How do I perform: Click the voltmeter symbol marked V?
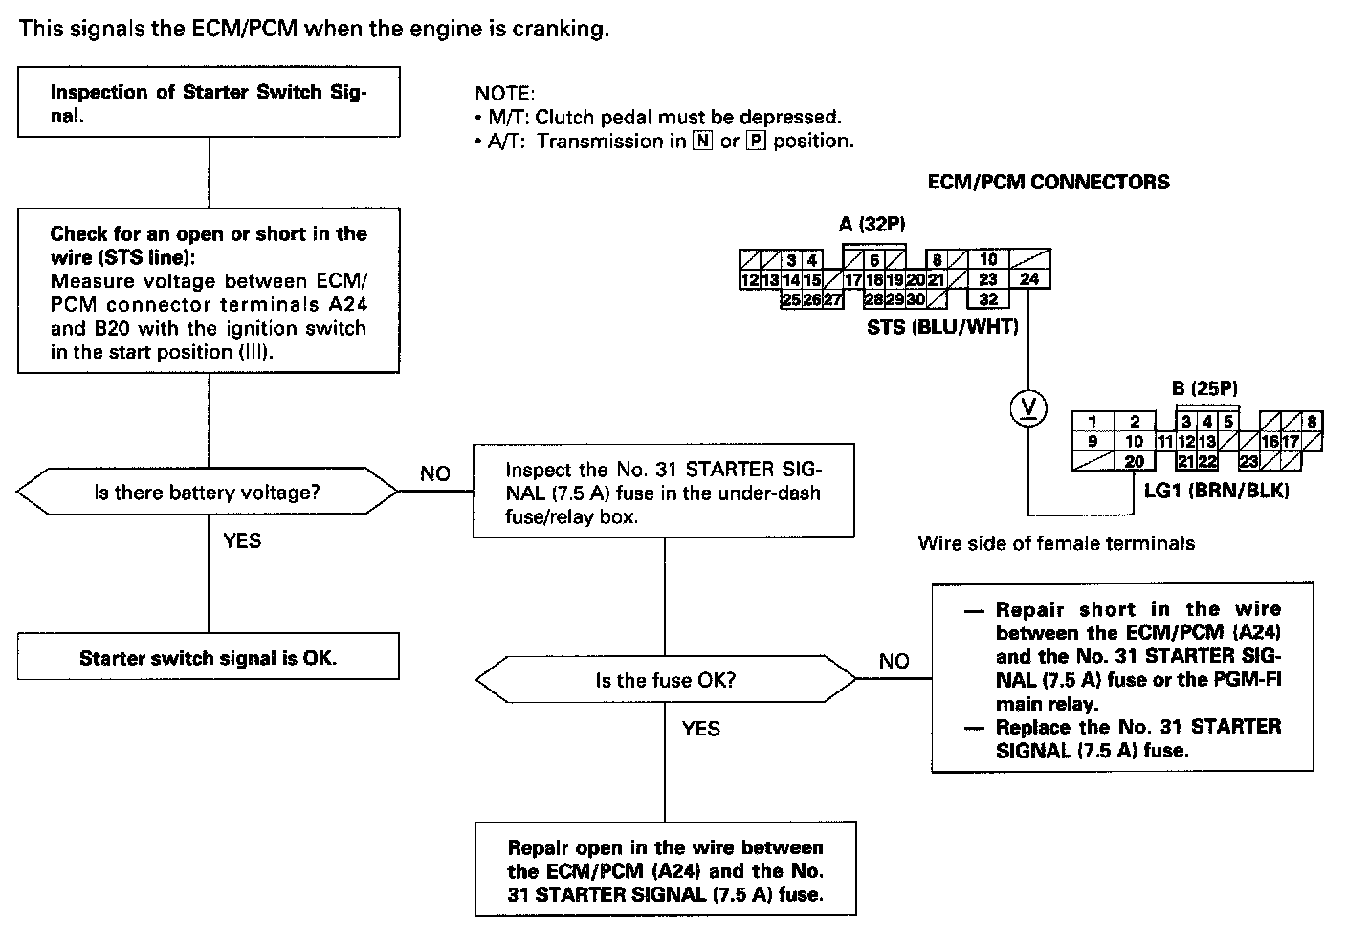click(1028, 409)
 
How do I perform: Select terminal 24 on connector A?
click(1029, 279)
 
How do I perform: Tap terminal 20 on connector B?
click(1135, 462)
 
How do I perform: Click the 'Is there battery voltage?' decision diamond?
click(207, 493)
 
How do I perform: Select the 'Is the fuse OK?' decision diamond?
click(666, 681)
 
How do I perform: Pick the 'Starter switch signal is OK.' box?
click(208, 658)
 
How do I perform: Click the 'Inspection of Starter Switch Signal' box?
click(208, 102)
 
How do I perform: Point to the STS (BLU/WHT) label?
click(942, 327)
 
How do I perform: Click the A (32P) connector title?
click(872, 225)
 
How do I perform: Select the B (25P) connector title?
click(1203, 389)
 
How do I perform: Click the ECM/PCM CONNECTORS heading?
click(1049, 182)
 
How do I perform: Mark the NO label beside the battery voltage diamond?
click(435, 473)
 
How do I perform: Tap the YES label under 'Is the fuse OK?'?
click(701, 729)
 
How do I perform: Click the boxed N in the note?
click(705, 142)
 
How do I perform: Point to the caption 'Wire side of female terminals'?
click(1056, 543)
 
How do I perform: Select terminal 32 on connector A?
click(988, 299)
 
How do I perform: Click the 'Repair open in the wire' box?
click(665, 870)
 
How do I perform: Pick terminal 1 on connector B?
click(1092, 422)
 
